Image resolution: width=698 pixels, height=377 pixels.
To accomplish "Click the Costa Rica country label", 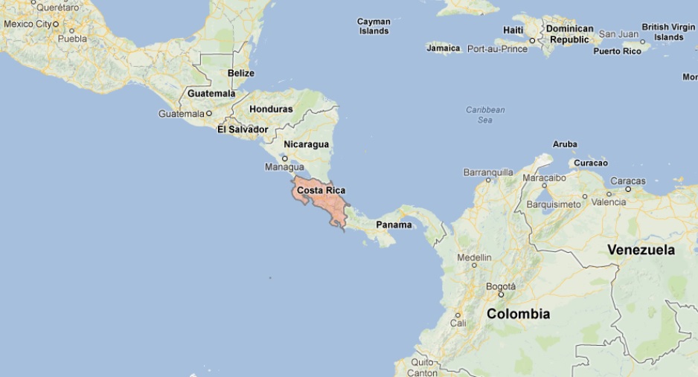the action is pos(321,190).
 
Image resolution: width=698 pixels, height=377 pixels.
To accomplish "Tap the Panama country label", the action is pos(394,225).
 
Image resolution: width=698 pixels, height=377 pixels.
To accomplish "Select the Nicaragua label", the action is pos(306,144).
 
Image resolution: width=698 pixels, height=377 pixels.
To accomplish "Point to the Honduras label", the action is pos(271,109).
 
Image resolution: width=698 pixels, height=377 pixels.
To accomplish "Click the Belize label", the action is pos(241,73).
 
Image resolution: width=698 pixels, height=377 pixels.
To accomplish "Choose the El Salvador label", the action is pos(243,129).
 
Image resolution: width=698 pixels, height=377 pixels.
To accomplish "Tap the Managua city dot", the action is pos(284,158).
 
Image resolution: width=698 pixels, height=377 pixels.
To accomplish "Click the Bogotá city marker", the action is pos(500,294).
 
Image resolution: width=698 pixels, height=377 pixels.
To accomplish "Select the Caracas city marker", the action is pos(628,189).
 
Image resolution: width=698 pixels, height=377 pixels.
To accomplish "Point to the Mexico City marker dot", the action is pos(55,24).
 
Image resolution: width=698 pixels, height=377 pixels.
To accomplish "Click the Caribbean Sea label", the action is pos(485,115).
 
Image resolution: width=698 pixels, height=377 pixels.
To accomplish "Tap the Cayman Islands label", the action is pos(374,27).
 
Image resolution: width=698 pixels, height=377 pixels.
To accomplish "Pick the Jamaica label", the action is pos(444,48).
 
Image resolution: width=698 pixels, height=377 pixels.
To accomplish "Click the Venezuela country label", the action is pos(641,250).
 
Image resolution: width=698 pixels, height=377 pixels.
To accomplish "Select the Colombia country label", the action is pos(518,314).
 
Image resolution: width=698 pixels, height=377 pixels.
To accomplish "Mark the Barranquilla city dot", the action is pos(488,180).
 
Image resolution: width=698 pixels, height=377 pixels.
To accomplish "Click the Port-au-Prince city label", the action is pos(497,49).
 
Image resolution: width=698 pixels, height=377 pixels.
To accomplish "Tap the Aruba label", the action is pos(565,144).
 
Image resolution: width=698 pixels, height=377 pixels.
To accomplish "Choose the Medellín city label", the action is pos(474,257).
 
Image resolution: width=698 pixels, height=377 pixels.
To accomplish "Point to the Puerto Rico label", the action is pos(617,51).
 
